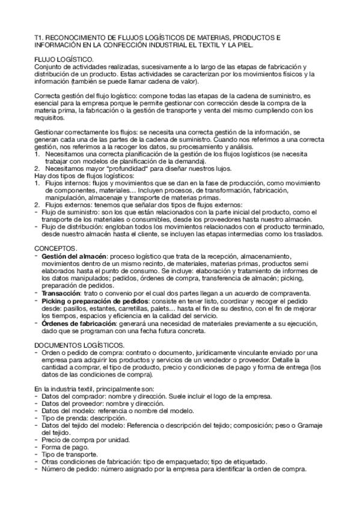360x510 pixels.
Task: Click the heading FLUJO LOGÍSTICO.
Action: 64,59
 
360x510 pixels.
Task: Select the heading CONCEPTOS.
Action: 56,248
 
